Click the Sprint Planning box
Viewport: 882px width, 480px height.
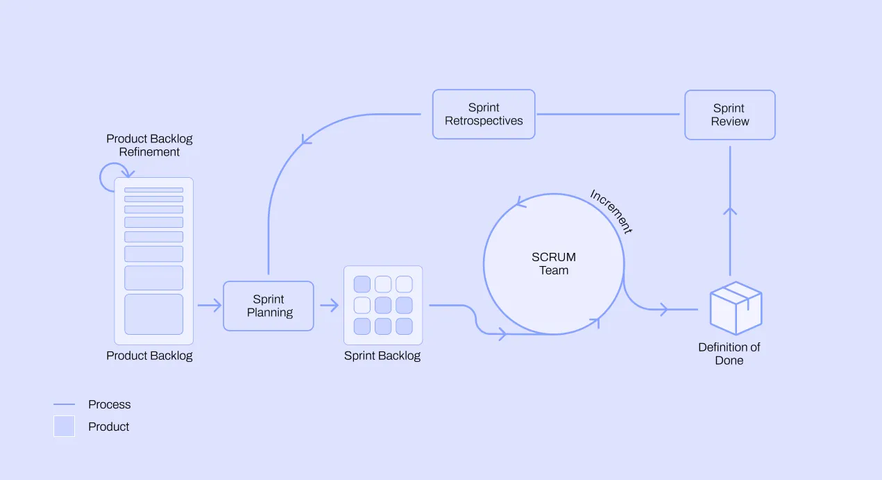click(x=269, y=306)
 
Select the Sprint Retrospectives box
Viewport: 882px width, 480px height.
click(x=484, y=115)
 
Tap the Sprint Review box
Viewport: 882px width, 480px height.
click(x=730, y=115)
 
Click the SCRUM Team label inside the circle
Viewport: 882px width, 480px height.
click(x=554, y=264)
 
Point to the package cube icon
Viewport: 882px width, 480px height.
click(x=736, y=308)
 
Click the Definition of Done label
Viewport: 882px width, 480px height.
click(x=729, y=354)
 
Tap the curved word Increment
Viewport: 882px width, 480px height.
click(x=611, y=212)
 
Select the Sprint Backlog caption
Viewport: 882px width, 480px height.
click(x=382, y=356)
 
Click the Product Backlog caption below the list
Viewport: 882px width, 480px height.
click(x=149, y=356)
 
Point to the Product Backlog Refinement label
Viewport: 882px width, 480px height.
click(x=149, y=145)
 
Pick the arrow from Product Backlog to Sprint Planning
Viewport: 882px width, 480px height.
click(x=210, y=305)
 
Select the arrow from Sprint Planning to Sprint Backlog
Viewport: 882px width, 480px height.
click(x=330, y=305)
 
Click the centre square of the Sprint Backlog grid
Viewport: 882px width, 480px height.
click(x=383, y=305)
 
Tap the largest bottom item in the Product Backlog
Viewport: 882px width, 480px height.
click(x=153, y=314)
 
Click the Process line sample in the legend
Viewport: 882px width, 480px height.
click(x=64, y=404)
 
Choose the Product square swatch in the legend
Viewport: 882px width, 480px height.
click(x=64, y=426)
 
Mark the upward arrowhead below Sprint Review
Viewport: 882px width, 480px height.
click(x=730, y=211)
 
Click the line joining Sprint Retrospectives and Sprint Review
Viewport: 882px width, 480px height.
click(x=609, y=115)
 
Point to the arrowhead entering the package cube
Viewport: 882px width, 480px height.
click(x=664, y=309)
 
